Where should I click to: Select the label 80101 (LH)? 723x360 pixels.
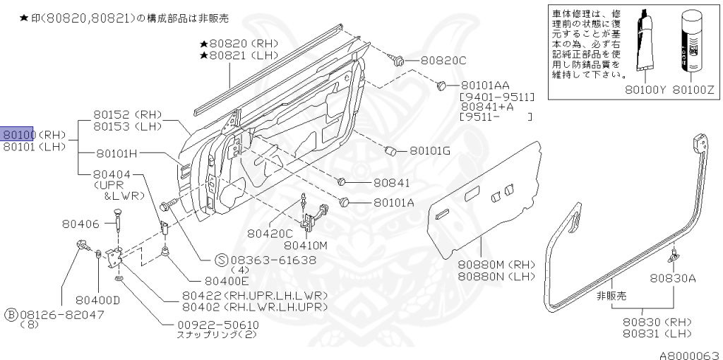(x=33, y=147)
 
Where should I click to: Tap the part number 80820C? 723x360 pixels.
(x=443, y=60)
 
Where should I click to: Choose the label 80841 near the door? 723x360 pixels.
(x=390, y=182)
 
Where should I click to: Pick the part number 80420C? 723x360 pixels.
(x=270, y=233)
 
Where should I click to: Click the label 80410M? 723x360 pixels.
(x=306, y=246)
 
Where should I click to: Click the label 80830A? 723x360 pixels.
(x=673, y=277)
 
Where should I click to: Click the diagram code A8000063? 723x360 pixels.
(x=690, y=354)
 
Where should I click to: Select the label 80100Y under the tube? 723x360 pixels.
(x=644, y=90)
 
